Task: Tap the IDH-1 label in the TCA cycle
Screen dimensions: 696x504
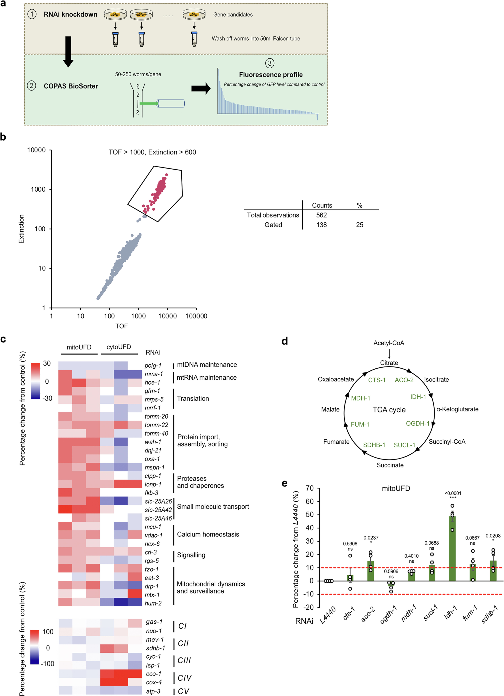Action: point(418,397)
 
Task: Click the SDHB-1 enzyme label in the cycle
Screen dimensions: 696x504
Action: point(374,445)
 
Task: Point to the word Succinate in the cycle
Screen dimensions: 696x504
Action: point(390,465)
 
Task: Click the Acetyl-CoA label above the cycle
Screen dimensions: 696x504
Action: point(389,343)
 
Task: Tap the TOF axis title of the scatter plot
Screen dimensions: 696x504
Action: point(121,326)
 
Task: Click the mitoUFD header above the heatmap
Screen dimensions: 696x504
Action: point(79,347)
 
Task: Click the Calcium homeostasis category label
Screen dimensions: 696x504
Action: point(208,534)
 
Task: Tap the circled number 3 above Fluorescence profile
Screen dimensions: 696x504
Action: point(270,63)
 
